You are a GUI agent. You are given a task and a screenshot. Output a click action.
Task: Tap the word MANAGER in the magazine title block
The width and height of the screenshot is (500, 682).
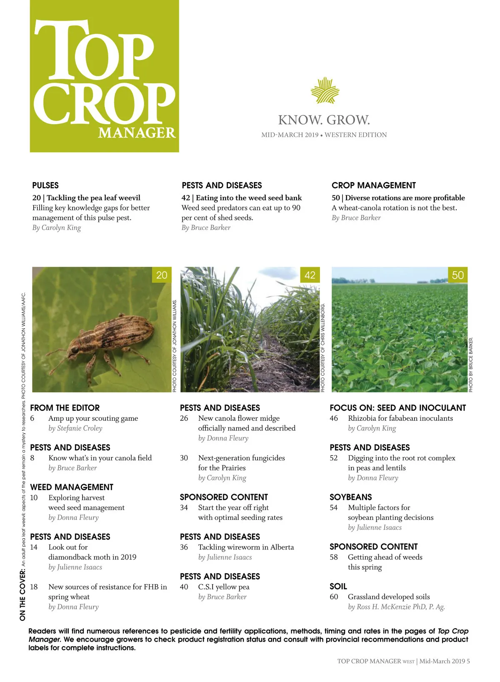pos(137,133)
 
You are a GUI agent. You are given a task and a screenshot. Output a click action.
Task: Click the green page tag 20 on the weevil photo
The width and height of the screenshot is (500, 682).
pos(162,275)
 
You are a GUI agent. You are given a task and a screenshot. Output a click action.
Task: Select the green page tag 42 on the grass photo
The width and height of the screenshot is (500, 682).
pos(310,275)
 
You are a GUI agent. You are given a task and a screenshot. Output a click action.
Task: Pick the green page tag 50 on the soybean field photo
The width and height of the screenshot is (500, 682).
pos(457,275)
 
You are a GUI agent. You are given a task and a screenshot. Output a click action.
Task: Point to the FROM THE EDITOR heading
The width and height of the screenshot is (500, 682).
pos(65,408)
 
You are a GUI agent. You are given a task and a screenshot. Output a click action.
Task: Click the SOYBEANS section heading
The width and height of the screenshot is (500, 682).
pos(351,497)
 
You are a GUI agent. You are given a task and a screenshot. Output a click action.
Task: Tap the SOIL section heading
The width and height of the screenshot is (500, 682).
pos(338,586)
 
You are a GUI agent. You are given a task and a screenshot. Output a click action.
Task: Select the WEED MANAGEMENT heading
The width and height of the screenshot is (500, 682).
pos(72,487)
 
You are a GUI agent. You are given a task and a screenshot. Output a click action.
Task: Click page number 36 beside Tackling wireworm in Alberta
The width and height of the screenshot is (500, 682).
pos(184,547)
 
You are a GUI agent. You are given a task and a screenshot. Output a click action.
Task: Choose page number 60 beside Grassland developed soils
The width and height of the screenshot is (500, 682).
pos(334,597)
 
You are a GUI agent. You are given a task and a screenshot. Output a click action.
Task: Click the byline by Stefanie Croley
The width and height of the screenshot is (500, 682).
pos(75,428)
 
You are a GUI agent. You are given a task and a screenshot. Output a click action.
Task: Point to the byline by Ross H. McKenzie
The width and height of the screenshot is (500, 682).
pos(396,607)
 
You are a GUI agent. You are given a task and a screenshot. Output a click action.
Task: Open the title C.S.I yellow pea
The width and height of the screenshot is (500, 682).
pos(224,587)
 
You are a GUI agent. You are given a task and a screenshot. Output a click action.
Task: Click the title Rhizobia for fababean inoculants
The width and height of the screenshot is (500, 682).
pos(400,418)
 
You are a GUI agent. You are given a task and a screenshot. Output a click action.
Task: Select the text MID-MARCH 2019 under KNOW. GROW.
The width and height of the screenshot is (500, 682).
pos(290,135)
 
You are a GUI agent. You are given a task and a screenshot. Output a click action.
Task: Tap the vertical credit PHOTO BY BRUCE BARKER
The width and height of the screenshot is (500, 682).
pos(471,365)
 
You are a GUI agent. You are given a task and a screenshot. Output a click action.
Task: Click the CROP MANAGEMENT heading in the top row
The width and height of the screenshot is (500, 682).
pos(374,185)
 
